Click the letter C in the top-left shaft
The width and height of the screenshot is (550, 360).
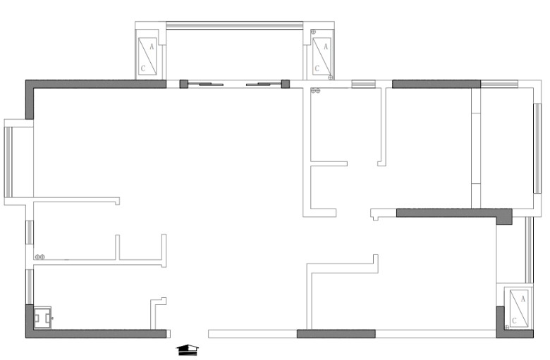[144, 68]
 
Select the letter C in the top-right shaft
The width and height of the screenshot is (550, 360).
[317, 68]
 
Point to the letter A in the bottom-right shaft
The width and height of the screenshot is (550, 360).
[522, 299]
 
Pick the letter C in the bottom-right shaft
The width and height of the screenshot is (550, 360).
[514, 321]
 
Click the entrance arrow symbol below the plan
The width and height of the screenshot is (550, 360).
[188, 349]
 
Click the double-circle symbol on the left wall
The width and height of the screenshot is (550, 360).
[40, 256]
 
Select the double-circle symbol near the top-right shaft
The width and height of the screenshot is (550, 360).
[315, 91]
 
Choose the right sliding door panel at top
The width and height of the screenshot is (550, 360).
[262, 85]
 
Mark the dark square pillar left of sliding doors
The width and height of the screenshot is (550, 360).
[184, 84]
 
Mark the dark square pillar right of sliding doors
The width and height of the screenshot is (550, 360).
[286, 84]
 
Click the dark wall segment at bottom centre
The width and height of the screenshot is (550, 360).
[336, 333]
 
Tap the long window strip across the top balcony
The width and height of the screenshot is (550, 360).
[234, 26]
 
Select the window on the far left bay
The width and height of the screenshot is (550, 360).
[9, 162]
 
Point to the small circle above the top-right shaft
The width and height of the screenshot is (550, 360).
[313, 31]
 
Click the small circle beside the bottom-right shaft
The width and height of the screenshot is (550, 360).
[507, 328]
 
